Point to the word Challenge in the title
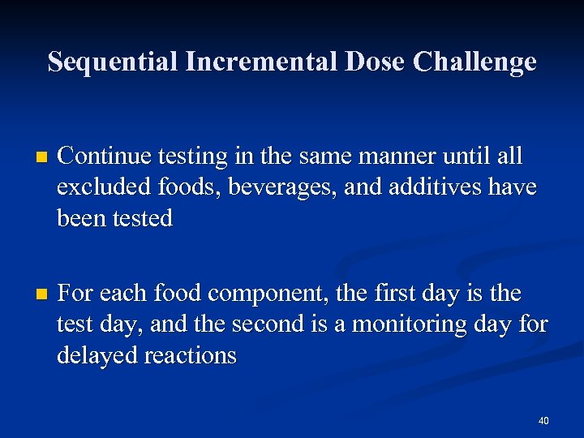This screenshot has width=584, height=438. click(x=474, y=62)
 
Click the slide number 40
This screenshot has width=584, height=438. click(x=543, y=421)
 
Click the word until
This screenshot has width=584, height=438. click(x=463, y=155)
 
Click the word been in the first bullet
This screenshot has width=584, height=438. click(x=79, y=218)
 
